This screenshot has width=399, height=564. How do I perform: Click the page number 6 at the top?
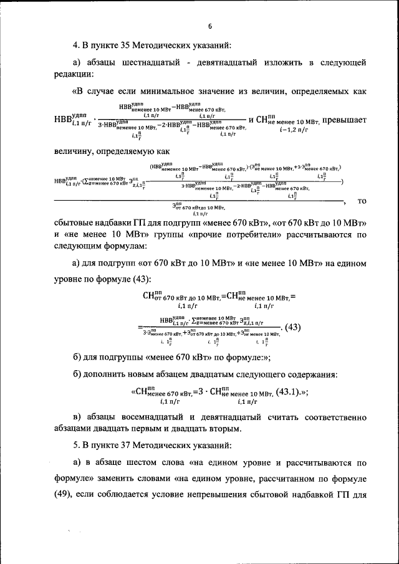point(210,26)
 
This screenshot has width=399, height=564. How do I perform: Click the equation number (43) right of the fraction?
point(292,327)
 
